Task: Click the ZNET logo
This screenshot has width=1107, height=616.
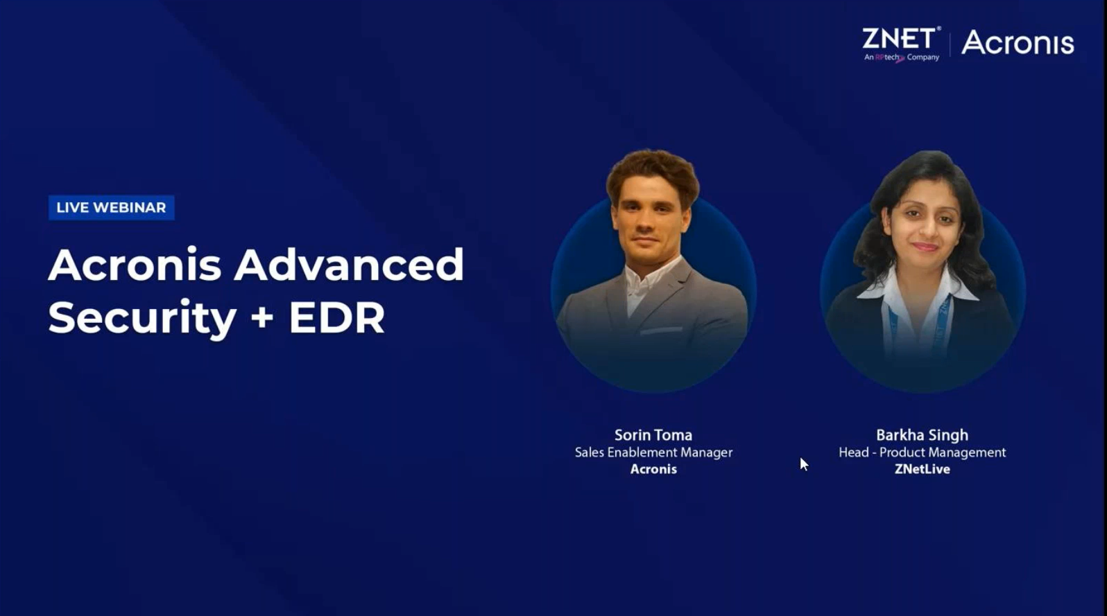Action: (x=901, y=44)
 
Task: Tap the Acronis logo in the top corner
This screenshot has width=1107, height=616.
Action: (x=1018, y=42)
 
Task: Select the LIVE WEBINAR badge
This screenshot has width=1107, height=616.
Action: (x=111, y=207)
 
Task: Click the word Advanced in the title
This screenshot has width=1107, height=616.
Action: (x=349, y=265)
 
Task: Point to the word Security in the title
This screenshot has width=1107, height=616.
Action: (x=141, y=318)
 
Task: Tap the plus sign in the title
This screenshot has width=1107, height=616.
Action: (x=262, y=317)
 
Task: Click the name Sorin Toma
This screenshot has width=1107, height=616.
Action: (x=653, y=435)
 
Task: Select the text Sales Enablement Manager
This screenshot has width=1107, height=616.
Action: (x=653, y=452)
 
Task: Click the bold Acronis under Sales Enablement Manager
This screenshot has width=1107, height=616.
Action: (x=653, y=469)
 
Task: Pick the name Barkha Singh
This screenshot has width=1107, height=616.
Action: (x=922, y=435)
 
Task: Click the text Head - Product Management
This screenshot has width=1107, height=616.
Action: (x=922, y=452)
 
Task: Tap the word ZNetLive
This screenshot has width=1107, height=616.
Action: (x=922, y=469)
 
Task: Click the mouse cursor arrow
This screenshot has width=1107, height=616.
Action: (x=804, y=464)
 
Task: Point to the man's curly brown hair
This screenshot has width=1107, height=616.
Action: (x=652, y=172)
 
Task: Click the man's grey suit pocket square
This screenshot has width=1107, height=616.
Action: (x=661, y=331)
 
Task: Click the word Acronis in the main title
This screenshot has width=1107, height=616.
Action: (x=135, y=265)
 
